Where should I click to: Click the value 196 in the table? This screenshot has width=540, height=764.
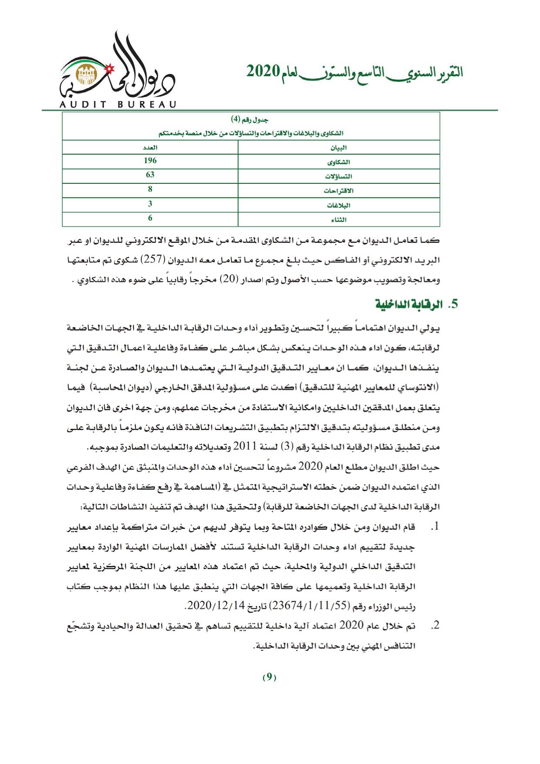coord(150,161)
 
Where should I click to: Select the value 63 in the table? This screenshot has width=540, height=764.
coord(150,175)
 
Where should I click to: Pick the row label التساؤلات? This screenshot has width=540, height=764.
coord(339,176)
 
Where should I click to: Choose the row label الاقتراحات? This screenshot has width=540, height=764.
coord(339,191)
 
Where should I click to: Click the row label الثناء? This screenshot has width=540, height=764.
coord(339,219)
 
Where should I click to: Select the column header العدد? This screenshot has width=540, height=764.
coord(150,148)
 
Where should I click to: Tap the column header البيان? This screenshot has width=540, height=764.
coord(339,148)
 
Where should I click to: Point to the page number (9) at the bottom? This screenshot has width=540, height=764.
coord(269,677)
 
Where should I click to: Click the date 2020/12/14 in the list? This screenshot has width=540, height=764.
coord(208,606)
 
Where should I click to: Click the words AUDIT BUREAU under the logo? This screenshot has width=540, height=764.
coord(117,104)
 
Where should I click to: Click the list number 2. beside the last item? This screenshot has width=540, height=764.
coord(435,626)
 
